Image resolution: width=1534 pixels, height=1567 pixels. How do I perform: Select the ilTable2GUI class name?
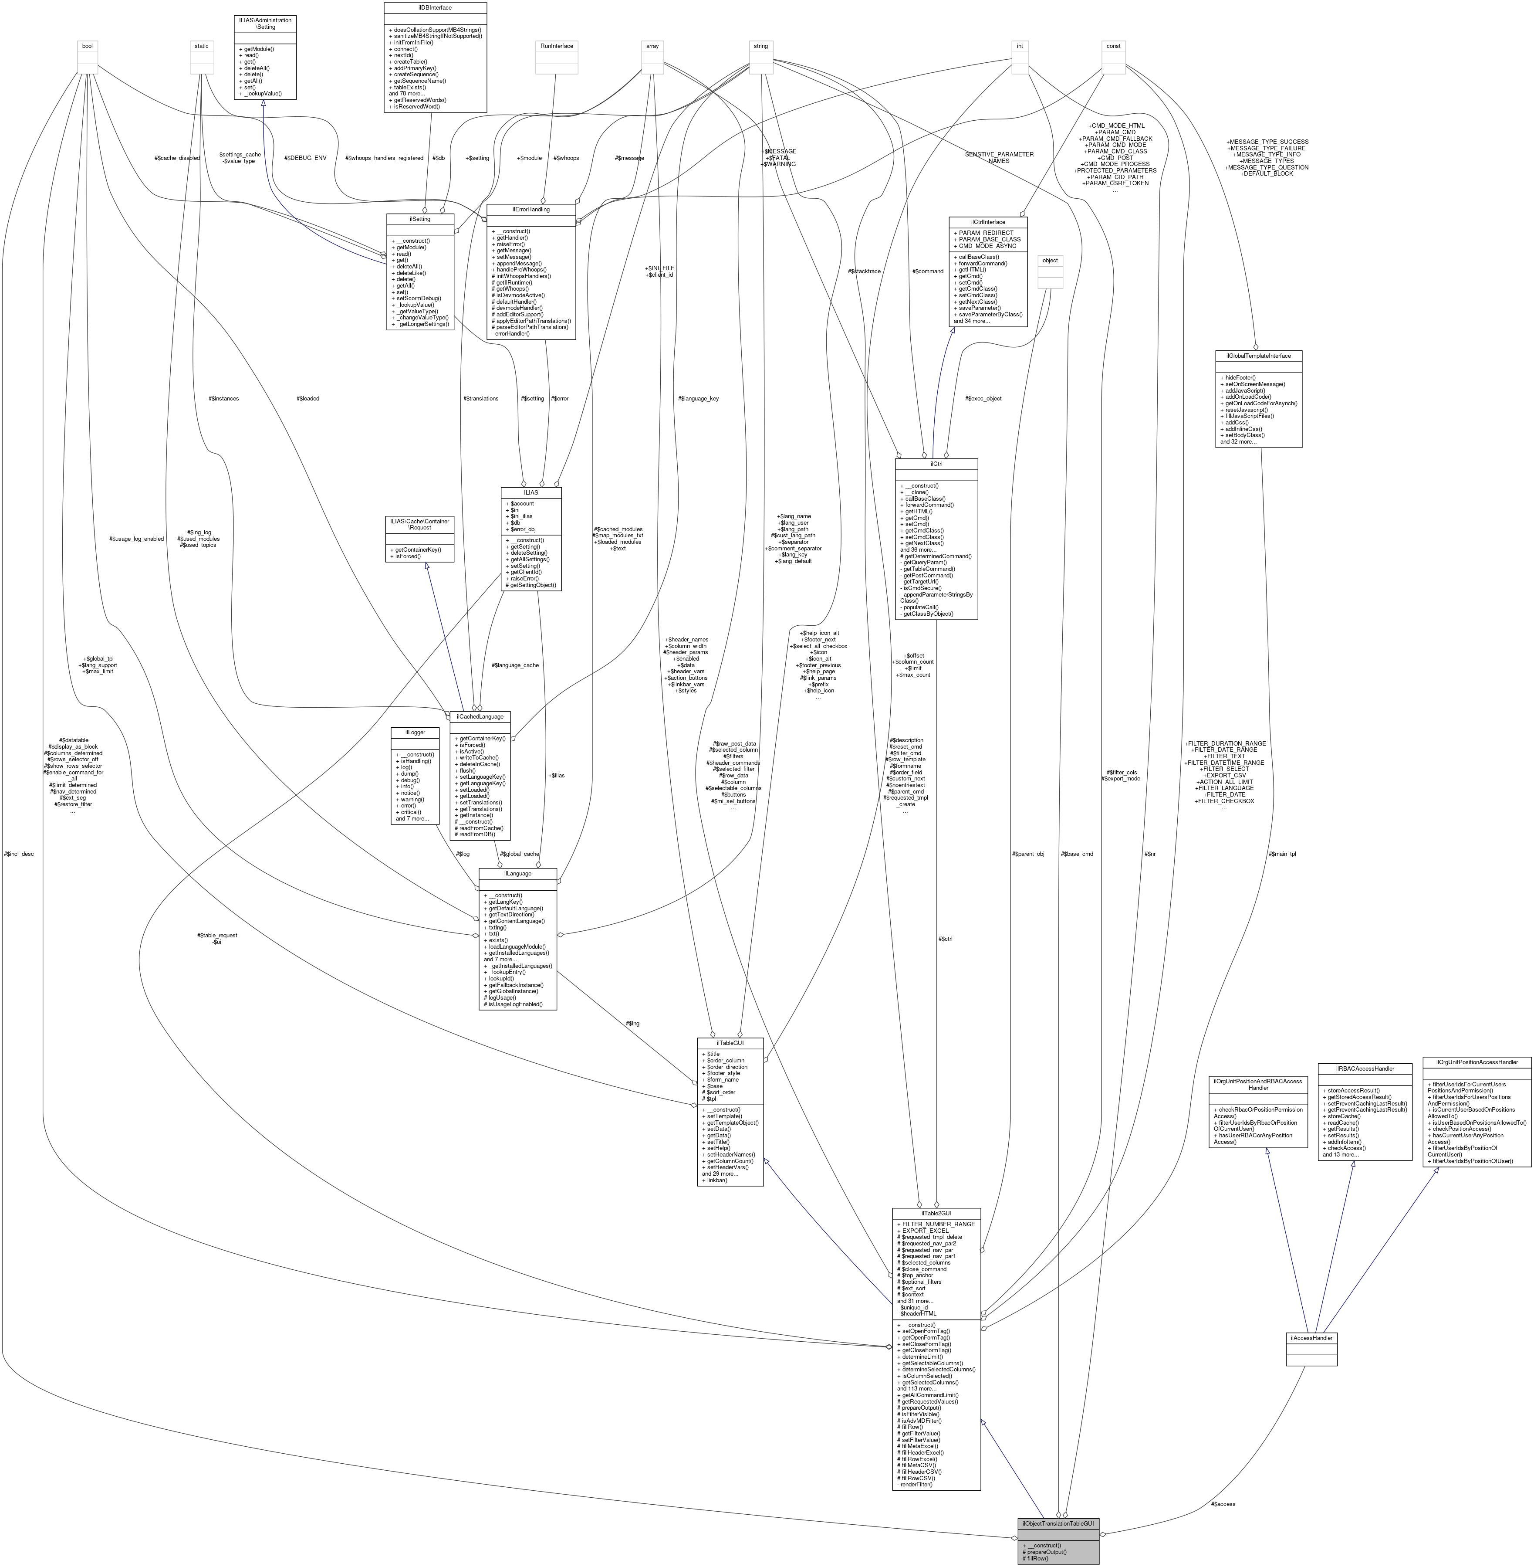(936, 1213)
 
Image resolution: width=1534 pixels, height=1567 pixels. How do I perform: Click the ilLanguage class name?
(517, 873)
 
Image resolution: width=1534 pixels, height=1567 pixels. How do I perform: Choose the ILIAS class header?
(530, 492)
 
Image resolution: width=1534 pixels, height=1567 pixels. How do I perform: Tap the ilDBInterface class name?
(435, 7)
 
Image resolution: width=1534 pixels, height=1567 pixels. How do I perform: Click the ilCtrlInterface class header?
(988, 222)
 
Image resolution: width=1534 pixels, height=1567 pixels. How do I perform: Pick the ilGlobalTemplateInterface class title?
(1258, 355)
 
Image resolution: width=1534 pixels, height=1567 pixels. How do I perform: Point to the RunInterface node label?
(557, 46)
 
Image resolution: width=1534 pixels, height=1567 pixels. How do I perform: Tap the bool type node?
(87, 46)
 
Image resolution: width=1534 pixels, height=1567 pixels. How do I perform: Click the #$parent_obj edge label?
(1027, 853)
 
